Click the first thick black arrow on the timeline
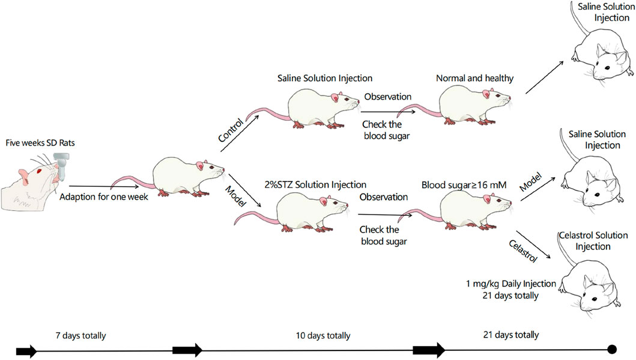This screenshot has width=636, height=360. click(26, 350)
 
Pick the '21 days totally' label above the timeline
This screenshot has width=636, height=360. click(511, 335)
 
